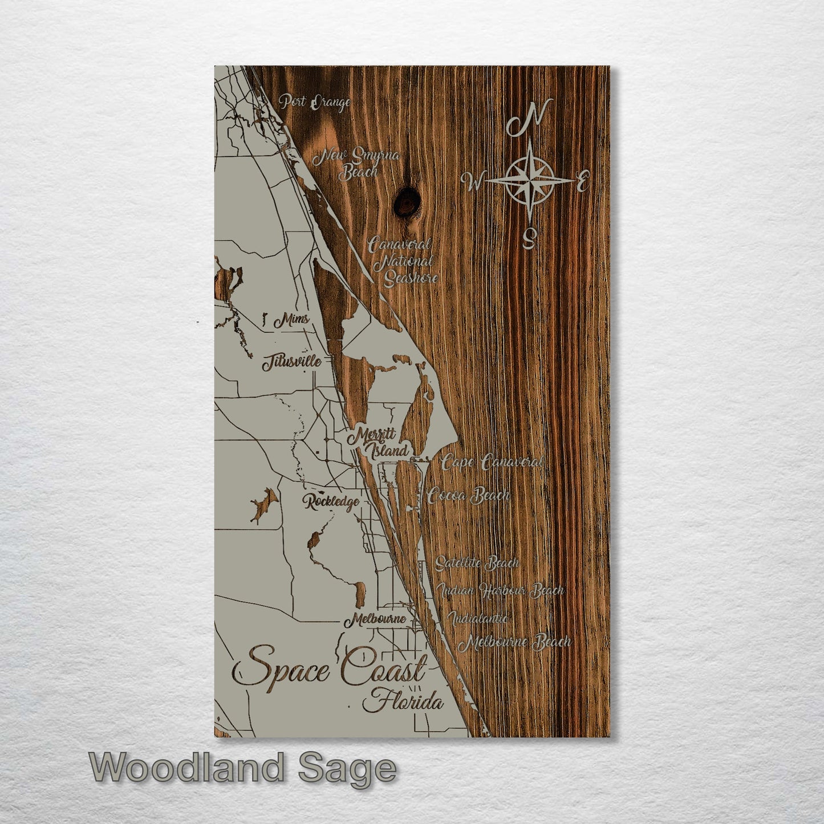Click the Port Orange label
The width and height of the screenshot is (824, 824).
(x=314, y=103)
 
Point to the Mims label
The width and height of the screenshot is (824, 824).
(x=291, y=320)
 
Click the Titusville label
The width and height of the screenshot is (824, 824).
(x=291, y=362)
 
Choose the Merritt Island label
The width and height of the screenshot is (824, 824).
(x=379, y=444)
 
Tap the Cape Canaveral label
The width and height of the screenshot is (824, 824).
(x=492, y=462)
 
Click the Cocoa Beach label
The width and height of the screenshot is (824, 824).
(x=469, y=495)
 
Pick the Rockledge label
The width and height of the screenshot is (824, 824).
(x=331, y=502)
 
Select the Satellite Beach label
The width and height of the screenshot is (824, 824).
(x=477, y=563)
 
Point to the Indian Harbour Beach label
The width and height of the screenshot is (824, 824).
(x=500, y=591)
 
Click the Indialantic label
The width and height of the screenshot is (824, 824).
(x=478, y=618)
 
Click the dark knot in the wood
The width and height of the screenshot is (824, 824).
(x=407, y=200)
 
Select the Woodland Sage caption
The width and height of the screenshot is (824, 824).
(x=242, y=768)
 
